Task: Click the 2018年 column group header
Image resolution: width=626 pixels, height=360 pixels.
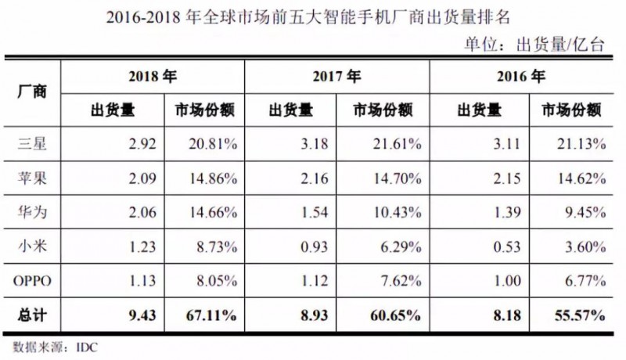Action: pos(153,76)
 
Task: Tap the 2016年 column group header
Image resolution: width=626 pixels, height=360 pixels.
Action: pos(520,76)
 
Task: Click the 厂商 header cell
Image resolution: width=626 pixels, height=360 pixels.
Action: pos(32,92)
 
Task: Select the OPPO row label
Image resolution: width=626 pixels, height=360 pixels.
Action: pos(33,281)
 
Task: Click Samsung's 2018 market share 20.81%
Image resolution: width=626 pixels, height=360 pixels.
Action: pos(210,143)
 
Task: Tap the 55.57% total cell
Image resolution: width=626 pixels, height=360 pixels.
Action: pos(577,315)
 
